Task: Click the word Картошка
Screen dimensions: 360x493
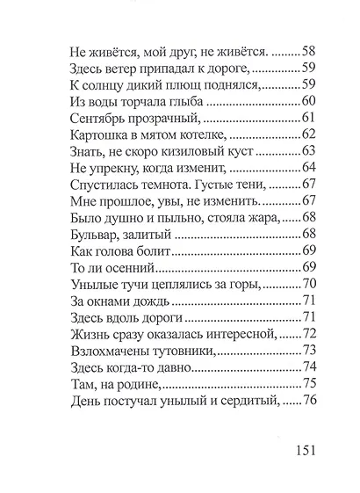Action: pos(100,134)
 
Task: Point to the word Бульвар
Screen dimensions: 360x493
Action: pos(94,235)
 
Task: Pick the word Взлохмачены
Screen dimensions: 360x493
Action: pos(112,352)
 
